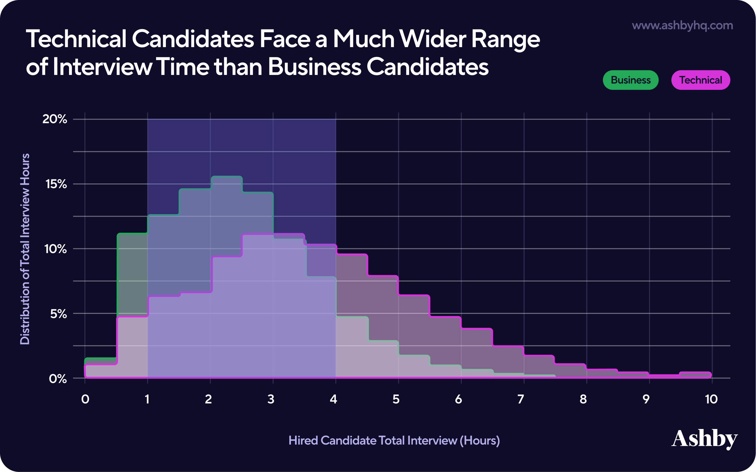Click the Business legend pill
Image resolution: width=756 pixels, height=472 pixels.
[x=630, y=80]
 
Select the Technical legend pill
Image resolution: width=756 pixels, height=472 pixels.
[x=700, y=80]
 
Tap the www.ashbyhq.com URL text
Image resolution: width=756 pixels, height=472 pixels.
[x=682, y=25]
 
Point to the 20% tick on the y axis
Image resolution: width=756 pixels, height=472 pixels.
[x=55, y=119]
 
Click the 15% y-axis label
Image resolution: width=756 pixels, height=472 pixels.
[x=56, y=184]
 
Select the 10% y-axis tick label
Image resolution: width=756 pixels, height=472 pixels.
[x=55, y=249]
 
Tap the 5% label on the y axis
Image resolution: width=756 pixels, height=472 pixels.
[x=58, y=314]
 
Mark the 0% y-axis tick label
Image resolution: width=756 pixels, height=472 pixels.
[x=58, y=379]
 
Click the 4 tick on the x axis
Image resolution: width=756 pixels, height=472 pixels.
[x=333, y=399]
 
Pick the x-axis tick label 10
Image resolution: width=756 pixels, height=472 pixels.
[x=711, y=399]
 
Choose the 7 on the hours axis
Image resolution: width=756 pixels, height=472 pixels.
[x=521, y=399]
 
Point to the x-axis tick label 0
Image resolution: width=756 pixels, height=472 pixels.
[x=85, y=399]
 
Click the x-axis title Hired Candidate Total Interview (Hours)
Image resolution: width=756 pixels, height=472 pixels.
[x=394, y=440]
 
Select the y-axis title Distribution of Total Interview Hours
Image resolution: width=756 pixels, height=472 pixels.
[x=25, y=249]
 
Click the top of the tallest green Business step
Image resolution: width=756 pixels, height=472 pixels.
[x=227, y=177]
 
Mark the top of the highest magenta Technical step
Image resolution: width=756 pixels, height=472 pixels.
[x=273, y=234]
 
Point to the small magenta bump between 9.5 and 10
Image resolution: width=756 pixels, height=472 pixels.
[x=695, y=373]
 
